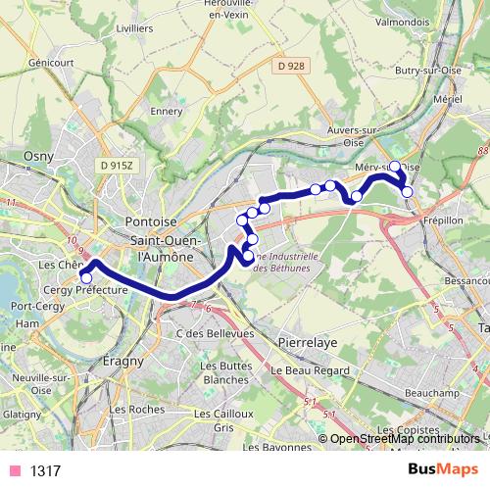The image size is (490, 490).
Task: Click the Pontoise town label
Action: pos(160,222)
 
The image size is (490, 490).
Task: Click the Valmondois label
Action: pos(402,19)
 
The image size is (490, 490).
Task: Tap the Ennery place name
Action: pos(167,111)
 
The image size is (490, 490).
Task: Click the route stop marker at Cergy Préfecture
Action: pos(86,277)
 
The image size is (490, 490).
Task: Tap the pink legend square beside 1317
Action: pos(14,471)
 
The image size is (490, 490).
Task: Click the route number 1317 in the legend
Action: pos(46,471)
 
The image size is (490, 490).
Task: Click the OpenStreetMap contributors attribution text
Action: pos(405,439)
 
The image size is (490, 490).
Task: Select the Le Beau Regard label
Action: pos(310,370)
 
